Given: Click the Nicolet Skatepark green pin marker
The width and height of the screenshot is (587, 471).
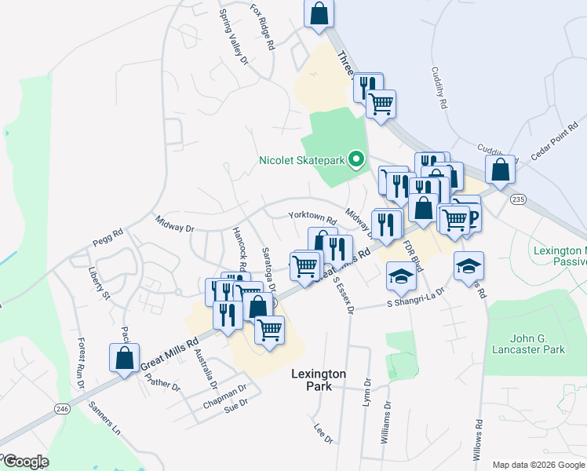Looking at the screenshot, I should click(355, 160).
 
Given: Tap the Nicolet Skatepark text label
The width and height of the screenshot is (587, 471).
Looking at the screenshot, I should click(302, 161).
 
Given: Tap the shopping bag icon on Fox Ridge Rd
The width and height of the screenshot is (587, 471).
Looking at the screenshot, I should click(318, 13).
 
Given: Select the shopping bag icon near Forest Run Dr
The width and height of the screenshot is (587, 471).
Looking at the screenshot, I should click(125, 358).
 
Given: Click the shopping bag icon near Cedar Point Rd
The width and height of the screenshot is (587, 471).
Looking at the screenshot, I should click(500, 168).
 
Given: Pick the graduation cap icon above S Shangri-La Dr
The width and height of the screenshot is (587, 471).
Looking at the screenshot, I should click(400, 276).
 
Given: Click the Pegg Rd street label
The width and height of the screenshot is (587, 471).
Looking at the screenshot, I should click(108, 234).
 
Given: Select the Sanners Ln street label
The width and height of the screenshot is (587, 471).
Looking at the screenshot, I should click(106, 418).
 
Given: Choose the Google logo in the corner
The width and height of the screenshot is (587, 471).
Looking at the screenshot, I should click(25, 462).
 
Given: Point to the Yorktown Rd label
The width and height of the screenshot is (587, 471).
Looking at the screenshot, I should click(312, 217).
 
